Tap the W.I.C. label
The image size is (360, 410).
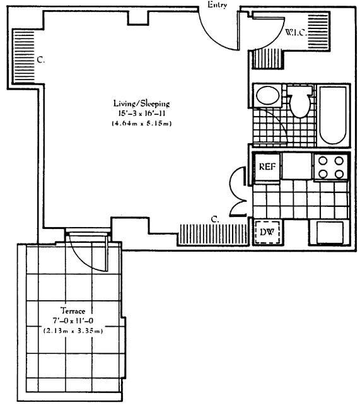point(296,32)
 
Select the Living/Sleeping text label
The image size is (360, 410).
point(139,103)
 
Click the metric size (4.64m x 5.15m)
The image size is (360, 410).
point(139,123)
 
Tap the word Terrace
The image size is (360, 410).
point(73,311)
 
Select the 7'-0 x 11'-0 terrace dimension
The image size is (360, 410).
point(73,321)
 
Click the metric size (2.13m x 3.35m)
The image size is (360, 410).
point(73,331)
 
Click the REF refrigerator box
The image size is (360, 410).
point(266,167)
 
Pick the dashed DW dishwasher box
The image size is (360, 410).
point(266,233)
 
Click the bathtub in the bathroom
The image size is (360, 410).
point(332,115)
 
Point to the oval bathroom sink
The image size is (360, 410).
point(267,97)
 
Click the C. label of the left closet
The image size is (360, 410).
point(39,61)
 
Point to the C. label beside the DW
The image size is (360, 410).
point(214,220)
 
